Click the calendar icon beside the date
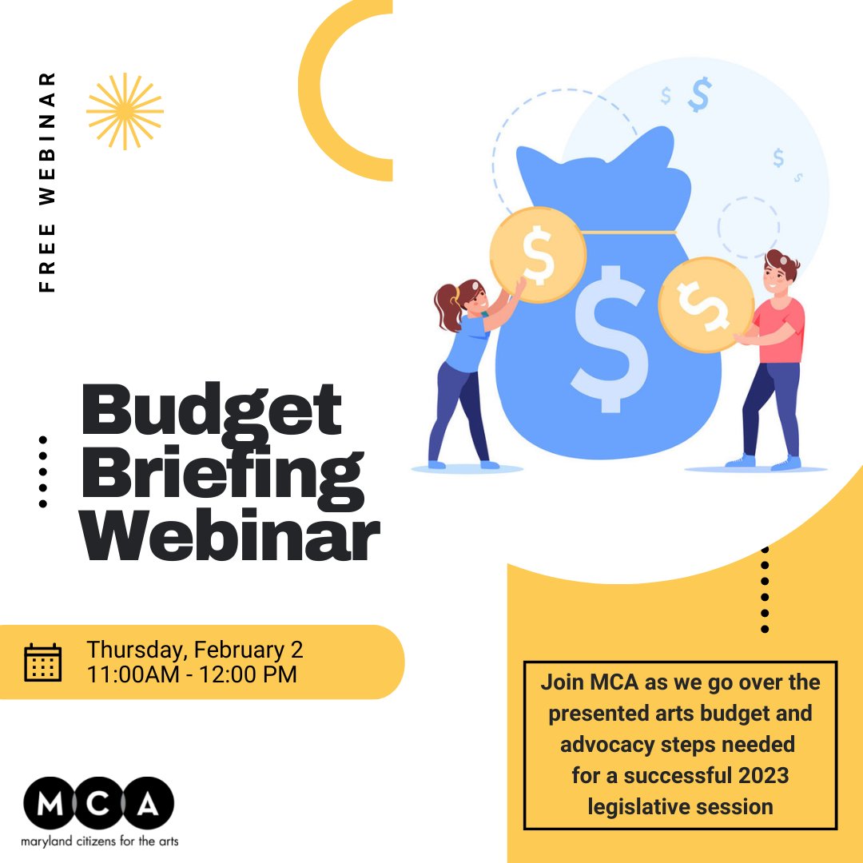coord(42,662)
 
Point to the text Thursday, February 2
coord(195,650)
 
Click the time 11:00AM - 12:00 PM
coord(192,674)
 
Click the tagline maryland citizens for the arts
coord(100,841)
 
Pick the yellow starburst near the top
coord(125,111)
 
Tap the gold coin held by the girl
coord(538,254)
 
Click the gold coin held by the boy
coord(706,304)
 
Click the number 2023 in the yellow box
coord(762,775)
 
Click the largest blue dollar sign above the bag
coord(699,95)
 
